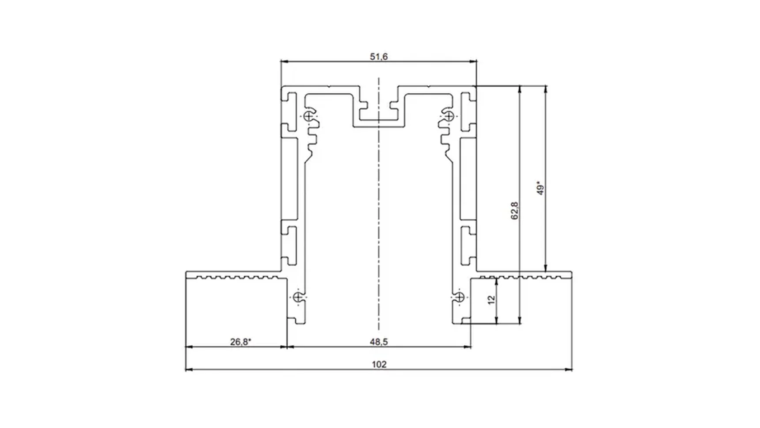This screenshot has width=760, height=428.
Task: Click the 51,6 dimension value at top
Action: pyautogui.click(x=379, y=57)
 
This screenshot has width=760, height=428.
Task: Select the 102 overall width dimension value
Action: pyautogui.click(x=379, y=364)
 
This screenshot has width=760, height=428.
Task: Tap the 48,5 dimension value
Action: pyautogui.click(x=379, y=342)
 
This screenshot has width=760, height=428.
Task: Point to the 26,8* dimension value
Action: pyautogui.click(x=240, y=342)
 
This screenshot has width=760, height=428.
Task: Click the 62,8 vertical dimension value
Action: pyautogui.click(x=514, y=210)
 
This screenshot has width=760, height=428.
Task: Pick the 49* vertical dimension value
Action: pyautogui.click(x=540, y=187)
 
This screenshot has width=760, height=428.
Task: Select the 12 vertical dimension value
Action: pyautogui.click(x=491, y=300)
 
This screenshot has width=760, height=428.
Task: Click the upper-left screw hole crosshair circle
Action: pyautogui.click(x=308, y=116)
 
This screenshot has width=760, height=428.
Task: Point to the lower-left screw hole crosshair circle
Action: pyautogui.click(x=298, y=297)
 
